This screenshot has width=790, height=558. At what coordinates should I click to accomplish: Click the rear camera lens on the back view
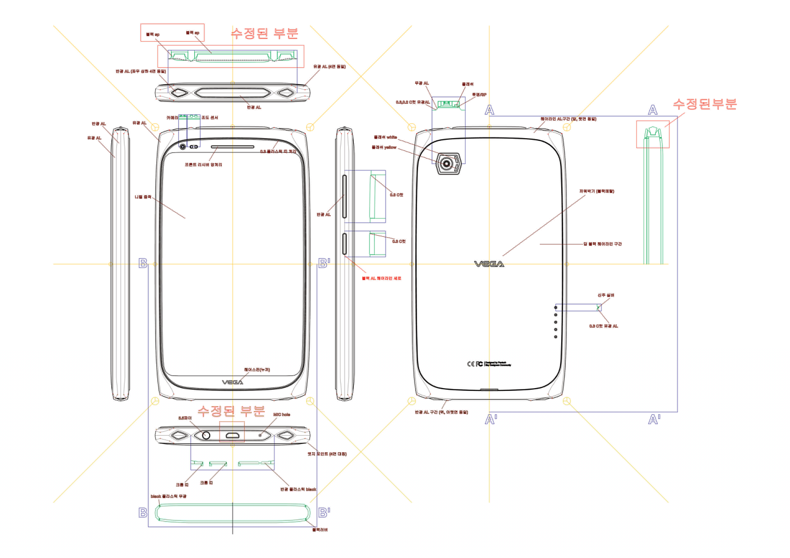coord(446,164)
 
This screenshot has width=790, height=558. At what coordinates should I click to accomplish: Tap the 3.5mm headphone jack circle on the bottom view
coord(206,435)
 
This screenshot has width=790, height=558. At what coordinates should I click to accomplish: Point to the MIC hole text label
coord(281,415)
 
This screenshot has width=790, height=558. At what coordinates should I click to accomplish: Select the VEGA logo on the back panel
coord(489,264)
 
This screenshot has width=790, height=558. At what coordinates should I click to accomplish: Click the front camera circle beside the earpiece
coord(183,147)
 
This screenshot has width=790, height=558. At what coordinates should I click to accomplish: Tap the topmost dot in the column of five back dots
coord(555,307)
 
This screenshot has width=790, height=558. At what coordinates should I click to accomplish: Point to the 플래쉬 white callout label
coord(385,137)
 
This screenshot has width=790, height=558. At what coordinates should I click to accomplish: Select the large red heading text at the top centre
coord(264,33)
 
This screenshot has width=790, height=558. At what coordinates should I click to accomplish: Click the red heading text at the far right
coord(704,104)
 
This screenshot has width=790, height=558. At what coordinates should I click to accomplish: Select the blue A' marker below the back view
coord(491,419)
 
